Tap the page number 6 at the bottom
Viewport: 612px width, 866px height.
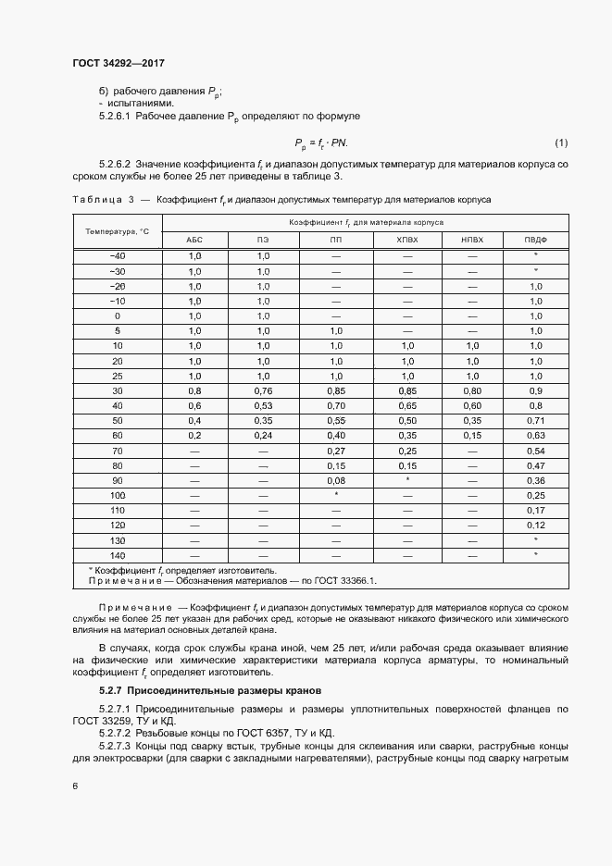[75, 786]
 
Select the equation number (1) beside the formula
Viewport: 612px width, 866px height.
[560, 142]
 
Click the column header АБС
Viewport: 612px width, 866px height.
[194, 240]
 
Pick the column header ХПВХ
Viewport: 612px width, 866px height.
[407, 240]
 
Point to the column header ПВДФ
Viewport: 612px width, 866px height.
[535, 240]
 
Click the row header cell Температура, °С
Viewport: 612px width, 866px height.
[118, 230]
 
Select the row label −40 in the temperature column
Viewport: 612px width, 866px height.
[118, 255]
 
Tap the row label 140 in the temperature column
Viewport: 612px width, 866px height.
[118, 554]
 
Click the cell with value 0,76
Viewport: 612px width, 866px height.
[263, 390]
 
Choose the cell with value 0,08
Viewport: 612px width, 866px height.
[335, 480]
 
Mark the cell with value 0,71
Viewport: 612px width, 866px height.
[535, 420]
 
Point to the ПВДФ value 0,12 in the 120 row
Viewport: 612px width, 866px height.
[535, 525]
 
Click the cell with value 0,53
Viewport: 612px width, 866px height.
[263, 405]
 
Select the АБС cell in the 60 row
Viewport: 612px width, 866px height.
[194, 435]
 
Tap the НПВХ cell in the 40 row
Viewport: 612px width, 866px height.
[472, 405]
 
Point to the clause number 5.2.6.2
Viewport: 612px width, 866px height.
[115, 163]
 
